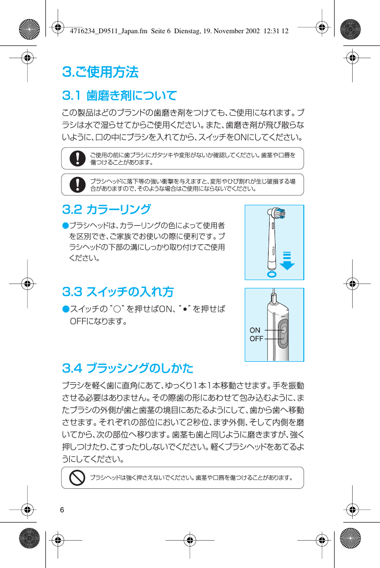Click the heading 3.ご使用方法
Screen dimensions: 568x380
[x=101, y=72]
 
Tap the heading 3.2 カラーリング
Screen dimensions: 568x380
[x=106, y=210]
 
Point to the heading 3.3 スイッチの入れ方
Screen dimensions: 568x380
[x=118, y=292]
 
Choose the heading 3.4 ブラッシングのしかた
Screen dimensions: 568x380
[x=128, y=368]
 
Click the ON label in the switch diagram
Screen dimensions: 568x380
[x=255, y=330]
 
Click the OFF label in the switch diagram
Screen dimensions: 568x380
[x=256, y=339]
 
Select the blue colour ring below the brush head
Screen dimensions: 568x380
[x=272, y=274]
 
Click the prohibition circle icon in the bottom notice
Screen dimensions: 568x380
[x=78, y=478]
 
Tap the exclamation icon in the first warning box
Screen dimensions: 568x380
[x=77, y=158]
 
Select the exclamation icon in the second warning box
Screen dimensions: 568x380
[x=77, y=184]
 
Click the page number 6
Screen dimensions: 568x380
[x=62, y=510]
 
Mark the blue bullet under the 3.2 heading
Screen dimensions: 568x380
[x=65, y=225]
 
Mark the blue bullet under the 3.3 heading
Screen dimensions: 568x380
[x=65, y=309]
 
